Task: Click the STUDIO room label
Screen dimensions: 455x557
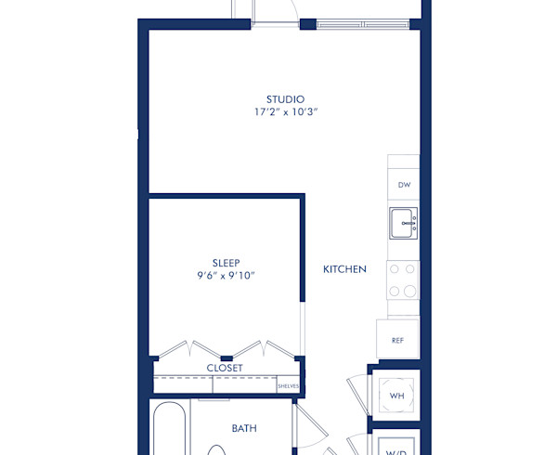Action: [285, 99]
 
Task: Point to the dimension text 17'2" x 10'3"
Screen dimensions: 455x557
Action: [285, 112]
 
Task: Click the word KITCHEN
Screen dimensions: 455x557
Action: [344, 269]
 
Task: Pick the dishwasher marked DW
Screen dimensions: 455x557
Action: [404, 185]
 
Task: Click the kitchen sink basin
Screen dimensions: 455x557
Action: [404, 222]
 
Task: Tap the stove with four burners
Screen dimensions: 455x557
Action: [403, 279]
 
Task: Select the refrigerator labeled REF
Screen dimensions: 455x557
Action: [397, 340]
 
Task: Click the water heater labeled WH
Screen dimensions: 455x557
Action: [397, 396]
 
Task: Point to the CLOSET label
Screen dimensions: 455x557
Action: [225, 368]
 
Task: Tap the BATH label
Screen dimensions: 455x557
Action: [244, 428]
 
